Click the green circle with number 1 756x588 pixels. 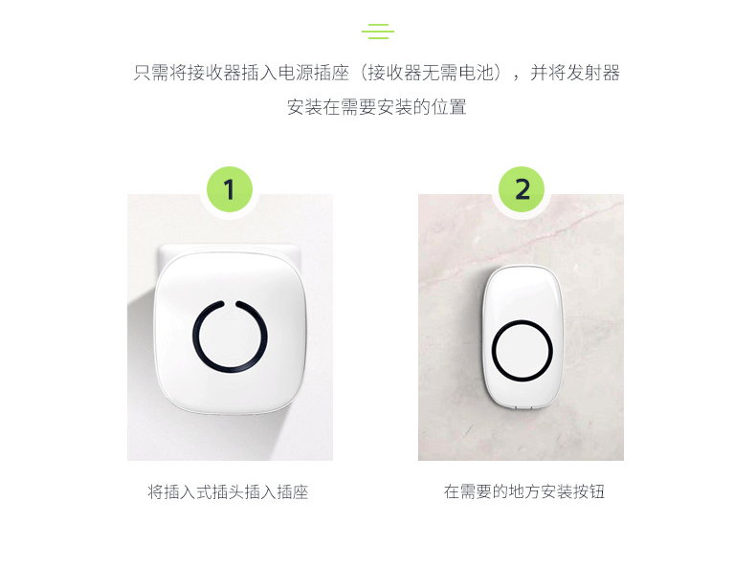[230, 189]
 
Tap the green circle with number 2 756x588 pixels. [522, 189]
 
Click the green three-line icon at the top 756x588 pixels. [378, 32]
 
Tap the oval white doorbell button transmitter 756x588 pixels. [523, 338]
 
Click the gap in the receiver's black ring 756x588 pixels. [230, 303]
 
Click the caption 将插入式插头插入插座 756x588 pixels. [228, 492]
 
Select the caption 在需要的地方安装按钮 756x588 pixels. [524, 491]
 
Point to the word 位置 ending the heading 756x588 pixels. [449, 107]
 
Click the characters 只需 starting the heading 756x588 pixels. [151, 73]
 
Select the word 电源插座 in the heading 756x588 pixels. [313, 73]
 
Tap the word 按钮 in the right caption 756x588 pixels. [589, 491]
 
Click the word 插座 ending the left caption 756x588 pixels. [292, 492]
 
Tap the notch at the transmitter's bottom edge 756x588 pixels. [523, 407]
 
